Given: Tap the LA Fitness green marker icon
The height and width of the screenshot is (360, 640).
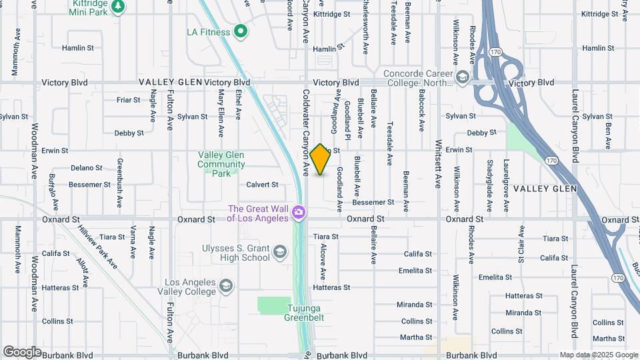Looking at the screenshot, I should tap(241, 31).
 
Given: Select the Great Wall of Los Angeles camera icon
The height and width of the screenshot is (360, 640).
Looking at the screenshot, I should tap(299, 213).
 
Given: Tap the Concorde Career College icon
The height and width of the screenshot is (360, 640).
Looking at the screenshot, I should tap(461, 79).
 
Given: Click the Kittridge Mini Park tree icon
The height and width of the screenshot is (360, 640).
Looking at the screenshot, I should tap(118, 6).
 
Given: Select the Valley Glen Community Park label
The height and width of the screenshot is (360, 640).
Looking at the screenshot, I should tap(221, 164).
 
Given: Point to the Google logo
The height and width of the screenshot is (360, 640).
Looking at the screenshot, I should tap(22, 351).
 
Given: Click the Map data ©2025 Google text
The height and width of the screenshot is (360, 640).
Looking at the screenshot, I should tap(598, 355).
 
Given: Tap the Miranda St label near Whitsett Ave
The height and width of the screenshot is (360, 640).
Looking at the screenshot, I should tap(415, 305).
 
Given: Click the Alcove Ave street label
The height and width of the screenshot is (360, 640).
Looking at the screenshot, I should tap(323, 261).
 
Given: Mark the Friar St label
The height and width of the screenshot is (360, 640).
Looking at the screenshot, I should tap(128, 100).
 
